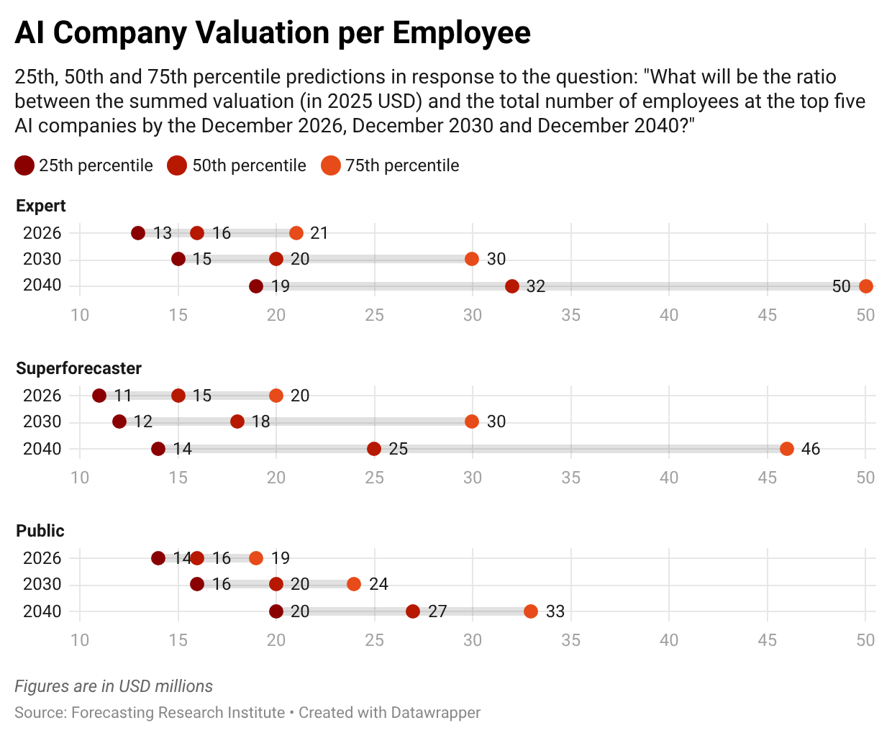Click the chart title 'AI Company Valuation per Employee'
coord(273,33)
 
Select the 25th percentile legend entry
coord(83,165)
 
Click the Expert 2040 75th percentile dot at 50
coord(865,286)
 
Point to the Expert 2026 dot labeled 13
coord(138,233)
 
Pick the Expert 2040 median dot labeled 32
coord(511,286)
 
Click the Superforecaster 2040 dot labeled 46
coord(786,449)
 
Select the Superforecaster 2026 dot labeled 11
coord(99,396)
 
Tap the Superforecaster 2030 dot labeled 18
coord(237,422)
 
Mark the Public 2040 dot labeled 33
coord(531,611)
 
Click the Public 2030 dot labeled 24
coord(354,584)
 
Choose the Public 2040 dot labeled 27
coord(413,611)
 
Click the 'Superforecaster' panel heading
coord(78,368)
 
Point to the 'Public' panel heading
coord(40,531)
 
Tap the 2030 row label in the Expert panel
coord(42,259)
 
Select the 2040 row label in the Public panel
coord(42,611)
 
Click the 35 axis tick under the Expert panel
coord(570,315)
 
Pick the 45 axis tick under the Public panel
coord(767,640)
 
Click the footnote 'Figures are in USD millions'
coord(114,686)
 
